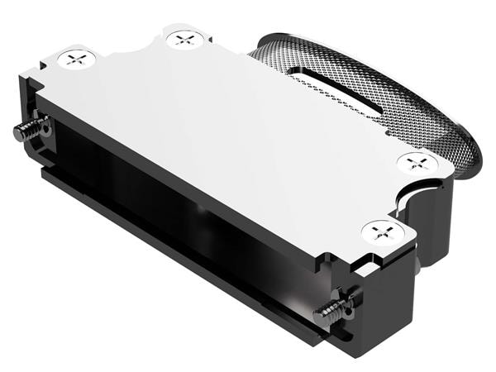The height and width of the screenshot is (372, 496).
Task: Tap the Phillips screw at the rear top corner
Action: [183, 37]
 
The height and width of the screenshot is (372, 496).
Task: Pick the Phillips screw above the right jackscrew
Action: [381, 231]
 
